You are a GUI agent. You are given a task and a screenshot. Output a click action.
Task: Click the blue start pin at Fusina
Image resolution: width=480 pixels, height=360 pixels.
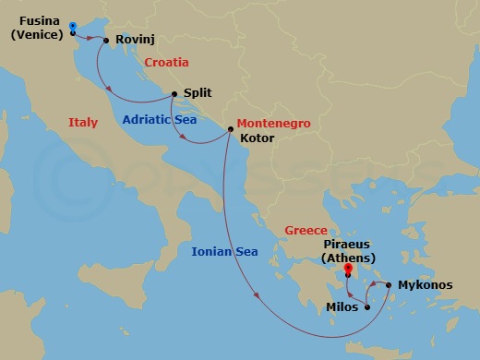coord(72,25)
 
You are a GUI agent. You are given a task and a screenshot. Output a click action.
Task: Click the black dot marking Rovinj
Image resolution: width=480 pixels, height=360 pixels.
coord(106,41)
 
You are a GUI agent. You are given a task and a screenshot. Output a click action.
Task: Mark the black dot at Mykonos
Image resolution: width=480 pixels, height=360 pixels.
coord(389,285)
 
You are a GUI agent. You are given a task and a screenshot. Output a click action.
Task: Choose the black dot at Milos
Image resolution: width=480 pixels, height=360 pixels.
coord(367,306)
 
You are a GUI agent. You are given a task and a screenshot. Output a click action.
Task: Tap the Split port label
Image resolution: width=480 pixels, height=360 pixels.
coord(198,93)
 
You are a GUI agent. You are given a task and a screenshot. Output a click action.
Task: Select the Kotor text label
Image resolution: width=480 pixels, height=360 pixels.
coord(257,139)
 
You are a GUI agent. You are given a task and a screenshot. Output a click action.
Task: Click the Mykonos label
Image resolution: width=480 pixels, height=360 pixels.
coord(425,285)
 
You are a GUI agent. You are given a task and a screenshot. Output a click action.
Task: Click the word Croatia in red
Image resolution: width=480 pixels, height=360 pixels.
coord(166,62)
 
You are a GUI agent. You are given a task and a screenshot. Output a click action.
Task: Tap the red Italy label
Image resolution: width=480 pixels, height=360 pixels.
coord(83,123)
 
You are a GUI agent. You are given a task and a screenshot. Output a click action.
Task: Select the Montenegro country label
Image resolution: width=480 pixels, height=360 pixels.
coord(273,123)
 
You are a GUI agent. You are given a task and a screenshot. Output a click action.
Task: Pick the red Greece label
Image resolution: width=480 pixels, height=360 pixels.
coord(306,231)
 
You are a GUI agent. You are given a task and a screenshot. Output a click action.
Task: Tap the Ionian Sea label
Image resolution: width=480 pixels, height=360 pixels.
coord(224,251)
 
